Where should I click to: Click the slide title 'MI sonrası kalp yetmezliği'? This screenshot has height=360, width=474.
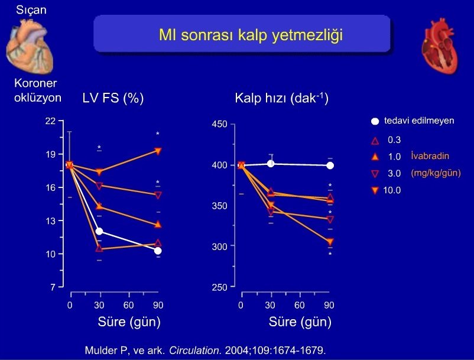[243, 35]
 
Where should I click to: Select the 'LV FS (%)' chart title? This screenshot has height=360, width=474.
[113, 99]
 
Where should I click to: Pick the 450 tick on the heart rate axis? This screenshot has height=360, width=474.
[219, 125]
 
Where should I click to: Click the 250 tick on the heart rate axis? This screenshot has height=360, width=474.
[219, 287]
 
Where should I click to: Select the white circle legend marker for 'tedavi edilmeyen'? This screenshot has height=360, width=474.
[375, 122]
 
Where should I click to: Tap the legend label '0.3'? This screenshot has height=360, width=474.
[394, 140]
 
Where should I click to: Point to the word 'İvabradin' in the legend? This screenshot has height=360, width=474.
[430, 157]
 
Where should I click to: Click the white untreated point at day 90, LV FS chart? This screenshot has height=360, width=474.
[158, 251]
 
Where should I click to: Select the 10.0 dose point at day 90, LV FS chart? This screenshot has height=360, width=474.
[158, 151]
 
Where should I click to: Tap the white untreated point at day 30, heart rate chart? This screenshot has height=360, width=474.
[271, 164]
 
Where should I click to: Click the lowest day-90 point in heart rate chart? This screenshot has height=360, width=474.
[330, 241]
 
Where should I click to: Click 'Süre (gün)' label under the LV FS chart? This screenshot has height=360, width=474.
[129, 323]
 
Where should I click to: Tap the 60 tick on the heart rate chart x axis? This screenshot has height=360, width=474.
[300, 306]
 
